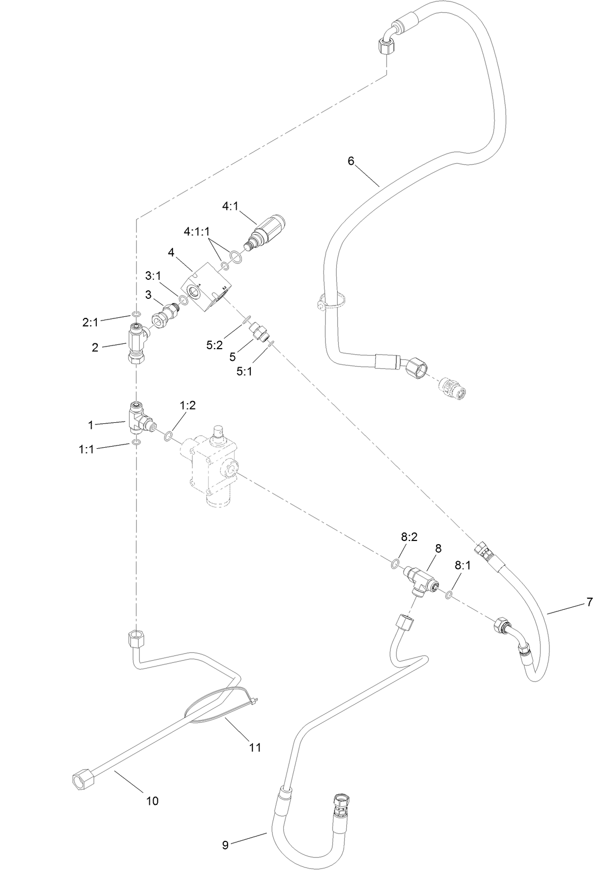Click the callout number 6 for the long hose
pyautogui.click(x=350, y=161)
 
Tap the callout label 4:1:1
pyautogui.click(x=197, y=232)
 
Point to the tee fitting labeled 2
pyautogui.click(x=137, y=344)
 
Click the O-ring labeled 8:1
pyautogui.click(x=448, y=594)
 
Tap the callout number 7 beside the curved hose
pyautogui.click(x=589, y=602)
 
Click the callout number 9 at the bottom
pyautogui.click(x=225, y=845)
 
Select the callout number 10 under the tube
pyautogui.click(x=152, y=801)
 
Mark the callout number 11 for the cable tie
pyautogui.click(x=255, y=747)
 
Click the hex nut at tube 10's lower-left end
pyautogui.click(x=82, y=779)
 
